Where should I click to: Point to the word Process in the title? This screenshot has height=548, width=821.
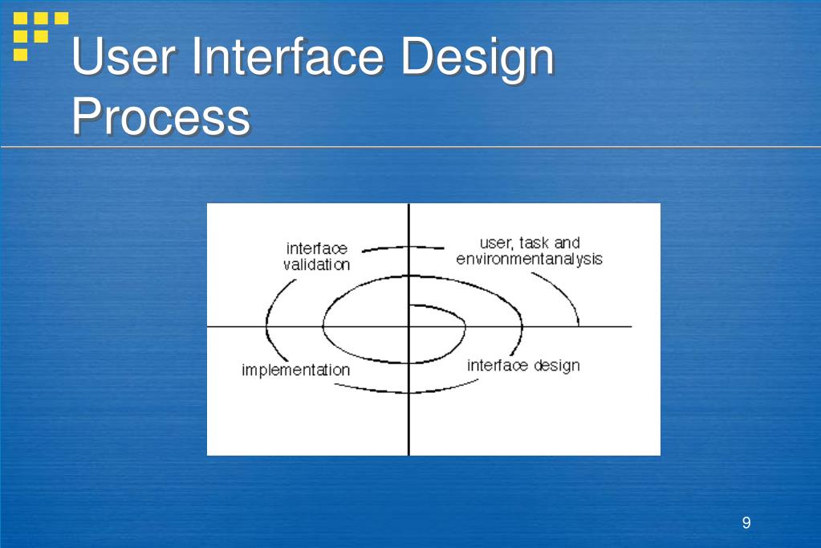pos(161,117)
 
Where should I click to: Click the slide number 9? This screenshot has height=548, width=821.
pos(746,523)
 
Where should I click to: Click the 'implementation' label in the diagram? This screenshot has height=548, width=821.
pos(295,370)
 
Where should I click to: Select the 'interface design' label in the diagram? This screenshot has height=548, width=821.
pos(523,366)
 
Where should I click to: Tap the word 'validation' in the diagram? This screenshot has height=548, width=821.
pos(316,265)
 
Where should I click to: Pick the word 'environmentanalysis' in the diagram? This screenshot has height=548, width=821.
pos(529,260)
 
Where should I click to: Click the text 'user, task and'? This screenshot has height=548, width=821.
pos(529,242)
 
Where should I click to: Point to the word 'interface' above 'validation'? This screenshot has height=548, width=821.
pos(316,249)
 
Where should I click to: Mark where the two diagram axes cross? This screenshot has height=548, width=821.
pos(409,327)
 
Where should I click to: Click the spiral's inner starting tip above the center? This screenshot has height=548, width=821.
pos(411,305)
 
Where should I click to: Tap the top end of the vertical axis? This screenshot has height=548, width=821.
pos(409,207)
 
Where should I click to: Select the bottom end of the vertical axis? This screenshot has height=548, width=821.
pos(409,452)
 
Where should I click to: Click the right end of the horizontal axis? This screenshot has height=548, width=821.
pos(630,327)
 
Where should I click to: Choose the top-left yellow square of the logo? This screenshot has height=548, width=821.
pos(21,18)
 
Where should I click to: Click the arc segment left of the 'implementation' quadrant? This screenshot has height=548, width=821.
pos(271,321)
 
